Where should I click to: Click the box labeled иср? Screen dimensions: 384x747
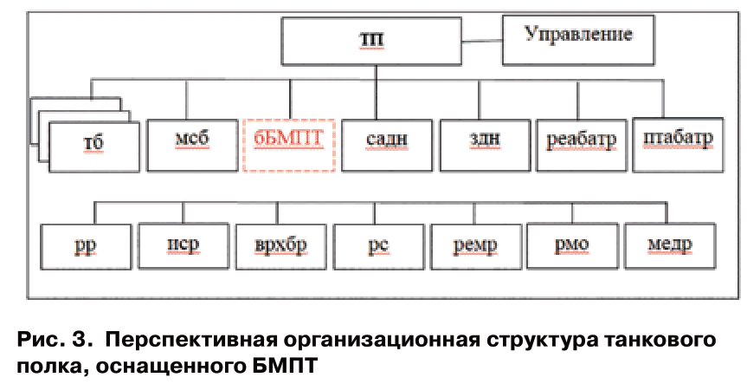pos(182,246)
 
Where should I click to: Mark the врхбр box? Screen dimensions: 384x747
pos(280,246)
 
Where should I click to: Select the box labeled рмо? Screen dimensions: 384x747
pos(571,246)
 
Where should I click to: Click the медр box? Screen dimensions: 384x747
pos(670,246)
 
